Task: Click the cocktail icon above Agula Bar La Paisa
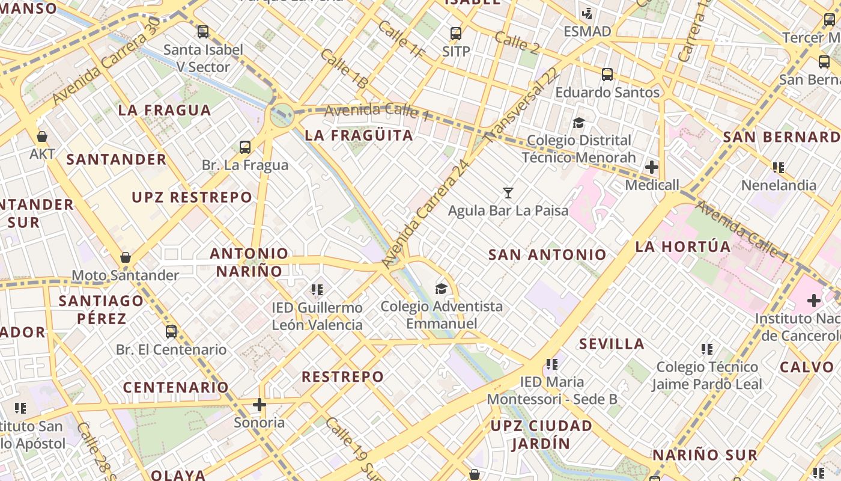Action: tap(508, 193)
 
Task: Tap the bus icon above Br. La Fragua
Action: tap(245, 147)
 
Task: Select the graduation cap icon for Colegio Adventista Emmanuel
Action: tap(442, 289)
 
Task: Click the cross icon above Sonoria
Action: tap(260, 405)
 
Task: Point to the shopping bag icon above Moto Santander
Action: tap(126, 257)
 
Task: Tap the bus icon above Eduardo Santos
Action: tap(607, 75)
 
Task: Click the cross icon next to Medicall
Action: tap(652, 167)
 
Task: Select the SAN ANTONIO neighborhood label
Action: tap(547, 254)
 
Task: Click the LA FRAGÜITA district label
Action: tap(359, 135)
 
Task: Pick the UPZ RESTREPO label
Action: tap(192, 197)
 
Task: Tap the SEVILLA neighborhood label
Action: tap(612, 344)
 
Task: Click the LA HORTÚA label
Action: tap(683, 247)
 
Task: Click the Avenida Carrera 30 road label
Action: tap(106, 61)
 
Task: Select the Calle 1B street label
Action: tap(343, 69)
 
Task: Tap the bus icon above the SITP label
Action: tap(456, 34)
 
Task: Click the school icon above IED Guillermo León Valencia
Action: tap(317, 290)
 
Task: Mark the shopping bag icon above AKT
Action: tap(42, 136)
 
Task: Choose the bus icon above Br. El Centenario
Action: tap(171, 331)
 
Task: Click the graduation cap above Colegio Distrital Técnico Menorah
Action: tap(578, 123)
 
